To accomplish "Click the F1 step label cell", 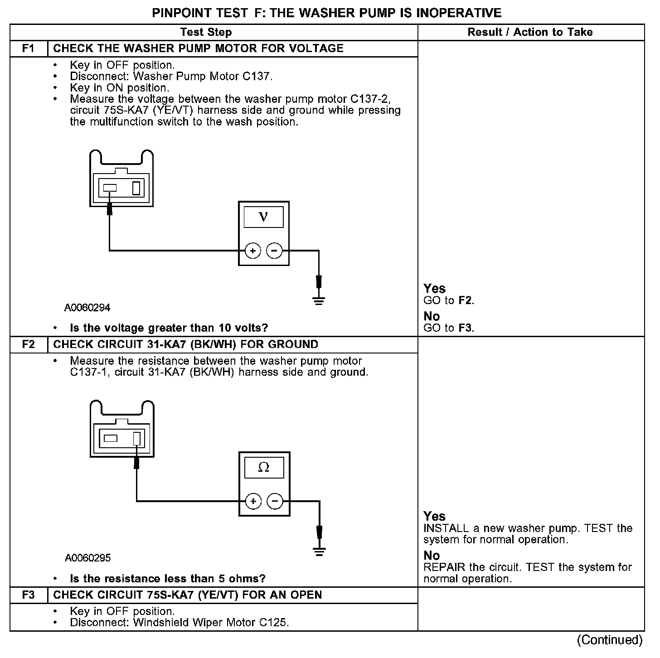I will coord(29,48).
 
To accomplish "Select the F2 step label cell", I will coord(29,344).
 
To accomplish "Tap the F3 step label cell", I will coord(29,595).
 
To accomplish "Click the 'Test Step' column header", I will coord(206,32).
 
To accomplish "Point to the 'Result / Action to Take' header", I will coord(530,32).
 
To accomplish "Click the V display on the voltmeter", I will coord(263,217).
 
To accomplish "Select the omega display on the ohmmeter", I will coord(264,467).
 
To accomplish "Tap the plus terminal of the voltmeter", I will coord(252,251).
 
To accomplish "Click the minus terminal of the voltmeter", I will coord(274,251).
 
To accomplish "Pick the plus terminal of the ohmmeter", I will coord(253,501).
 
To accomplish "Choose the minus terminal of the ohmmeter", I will coord(275,501).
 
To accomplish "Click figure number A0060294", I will coord(87,308).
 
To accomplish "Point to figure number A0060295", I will coord(87,558).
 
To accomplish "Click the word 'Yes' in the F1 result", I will coord(434,289).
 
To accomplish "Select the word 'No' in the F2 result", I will coord(432,556).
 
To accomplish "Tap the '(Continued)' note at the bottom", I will coord(609,640).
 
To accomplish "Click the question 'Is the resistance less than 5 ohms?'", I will coord(167,579).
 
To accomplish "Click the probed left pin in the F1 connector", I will coord(110,188).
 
